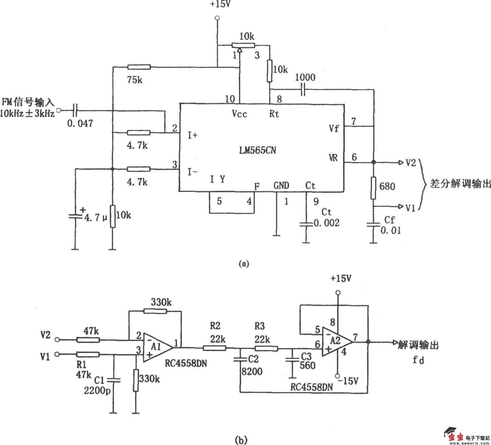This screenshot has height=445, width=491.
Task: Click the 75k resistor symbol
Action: click(139, 67)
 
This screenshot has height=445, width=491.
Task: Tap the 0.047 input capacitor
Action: click(75, 110)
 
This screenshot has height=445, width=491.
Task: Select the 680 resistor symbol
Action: click(373, 188)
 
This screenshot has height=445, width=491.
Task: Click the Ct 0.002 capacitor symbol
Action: click(306, 223)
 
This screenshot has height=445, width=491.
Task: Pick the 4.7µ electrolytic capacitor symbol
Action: click(75, 215)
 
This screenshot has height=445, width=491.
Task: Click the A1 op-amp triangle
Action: click(157, 347)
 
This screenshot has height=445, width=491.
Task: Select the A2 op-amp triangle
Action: click(336, 342)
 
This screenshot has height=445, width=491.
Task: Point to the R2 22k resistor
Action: click(214, 347)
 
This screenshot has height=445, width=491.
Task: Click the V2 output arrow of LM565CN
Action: click(400, 162)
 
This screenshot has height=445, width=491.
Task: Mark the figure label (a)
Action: click(243, 264)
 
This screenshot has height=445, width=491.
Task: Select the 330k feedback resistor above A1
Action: click(155, 311)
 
